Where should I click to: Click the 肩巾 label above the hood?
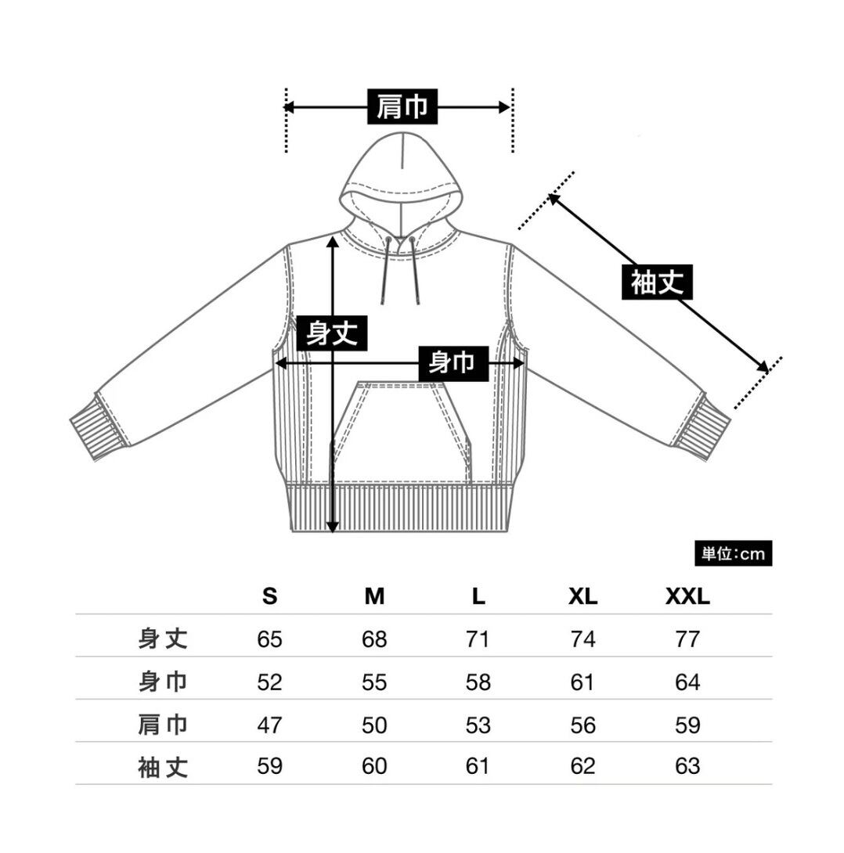tap(402, 106)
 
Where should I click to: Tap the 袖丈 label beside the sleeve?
tap(657, 282)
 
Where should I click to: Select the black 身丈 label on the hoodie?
tap(332, 333)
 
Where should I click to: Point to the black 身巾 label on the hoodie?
tap(453, 363)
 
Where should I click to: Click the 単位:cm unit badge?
tap(733, 553)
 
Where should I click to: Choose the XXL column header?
tap(687, 597)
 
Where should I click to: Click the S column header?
tap(269, 597)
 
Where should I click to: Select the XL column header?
tap(583, 597)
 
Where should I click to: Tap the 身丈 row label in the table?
tap(163, 639)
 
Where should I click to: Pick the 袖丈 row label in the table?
tap(163, 767)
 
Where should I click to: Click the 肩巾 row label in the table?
tap(163, 725)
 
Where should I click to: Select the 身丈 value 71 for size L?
tap(478, 639)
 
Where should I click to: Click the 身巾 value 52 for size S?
tap(269, 682)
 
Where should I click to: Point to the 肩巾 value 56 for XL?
tap(583, 725)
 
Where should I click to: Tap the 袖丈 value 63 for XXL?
tap(687, 766)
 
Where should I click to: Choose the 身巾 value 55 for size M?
tap(374, 682)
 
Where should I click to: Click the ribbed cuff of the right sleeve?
tap(702, 427)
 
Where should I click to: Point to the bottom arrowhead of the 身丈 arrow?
tap(333, 527)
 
